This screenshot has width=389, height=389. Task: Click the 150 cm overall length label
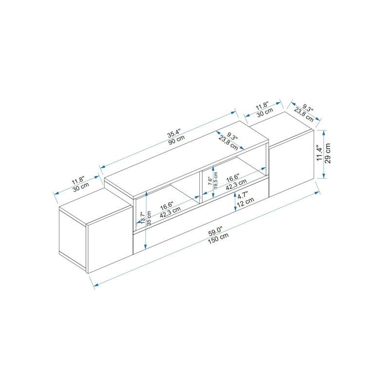218,239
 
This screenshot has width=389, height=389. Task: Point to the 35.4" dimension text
175,133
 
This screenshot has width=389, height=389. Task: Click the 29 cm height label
327,153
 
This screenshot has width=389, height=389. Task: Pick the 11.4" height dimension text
319,153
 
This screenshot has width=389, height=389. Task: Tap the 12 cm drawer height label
246,203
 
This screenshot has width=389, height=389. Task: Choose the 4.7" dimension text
242,196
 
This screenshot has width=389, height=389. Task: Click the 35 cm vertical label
149,218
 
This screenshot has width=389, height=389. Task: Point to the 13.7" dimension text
142,217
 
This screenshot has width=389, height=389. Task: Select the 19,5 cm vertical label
215,180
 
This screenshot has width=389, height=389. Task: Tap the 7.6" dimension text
210,180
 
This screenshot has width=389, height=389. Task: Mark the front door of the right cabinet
291,163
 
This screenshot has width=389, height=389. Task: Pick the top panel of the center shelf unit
186,160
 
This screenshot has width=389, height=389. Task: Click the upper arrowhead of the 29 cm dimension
323,132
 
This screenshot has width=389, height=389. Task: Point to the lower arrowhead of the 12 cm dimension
235,210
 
